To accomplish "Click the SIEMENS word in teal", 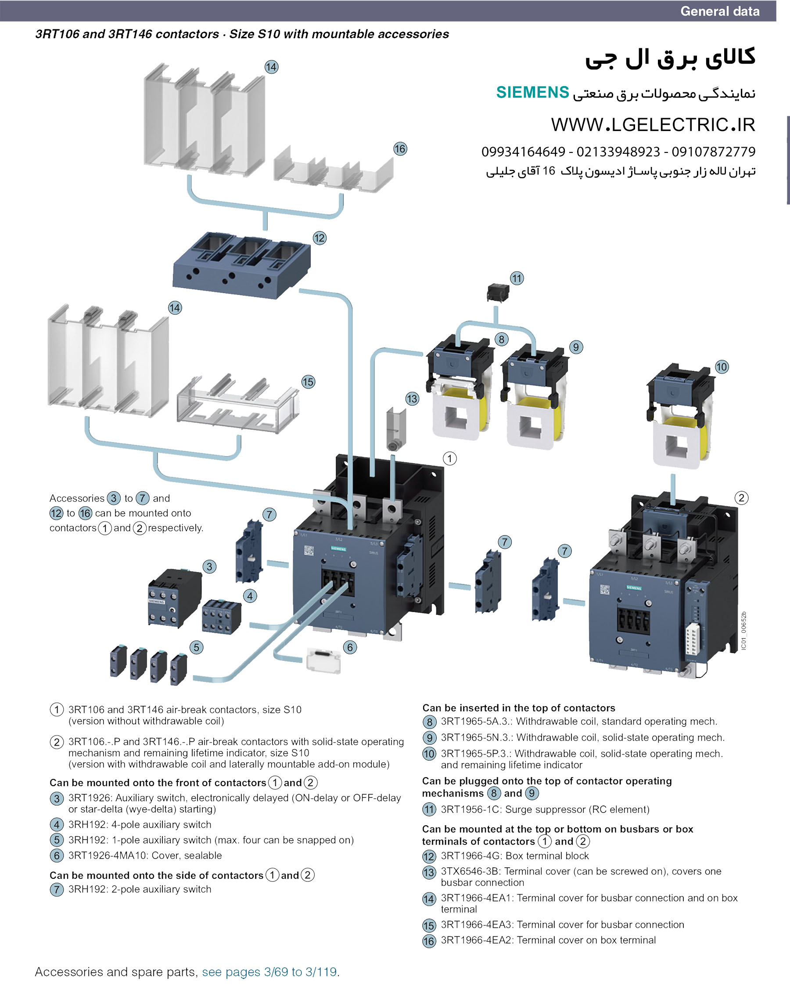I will tap(532, 92).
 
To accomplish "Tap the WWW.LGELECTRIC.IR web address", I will tap(653, 125).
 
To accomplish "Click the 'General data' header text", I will tap(720, 11).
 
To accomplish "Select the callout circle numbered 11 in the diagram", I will tap(516, 278).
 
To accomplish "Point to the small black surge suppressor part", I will tap(498, 293).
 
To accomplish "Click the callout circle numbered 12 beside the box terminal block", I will tap(320, 238).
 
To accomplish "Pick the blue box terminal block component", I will tap(241, 265).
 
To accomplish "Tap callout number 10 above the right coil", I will tap(721, 367).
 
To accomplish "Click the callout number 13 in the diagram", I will tap(412, 399).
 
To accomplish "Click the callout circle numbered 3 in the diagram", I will tap(209, 567).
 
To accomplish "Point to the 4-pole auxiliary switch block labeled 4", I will tap(222, 616).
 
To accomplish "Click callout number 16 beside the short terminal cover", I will tap(400, 149).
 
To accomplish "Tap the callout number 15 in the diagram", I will tap(308, 382).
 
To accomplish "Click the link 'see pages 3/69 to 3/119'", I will tap(269, 971).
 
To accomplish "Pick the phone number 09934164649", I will tap(523, 152).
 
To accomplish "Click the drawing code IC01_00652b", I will tap(743, 631).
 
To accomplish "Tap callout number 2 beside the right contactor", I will tap(741, 498).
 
